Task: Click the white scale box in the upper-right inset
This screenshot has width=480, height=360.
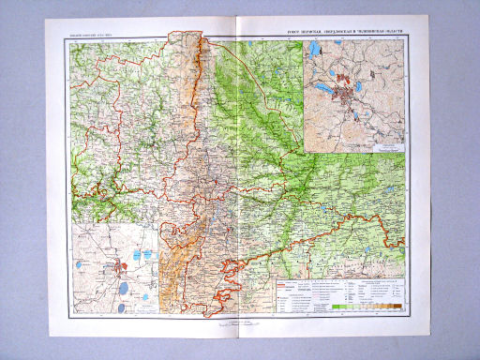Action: tap(385, 146)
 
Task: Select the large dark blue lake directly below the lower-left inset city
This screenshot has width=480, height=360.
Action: tap(122, 283)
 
